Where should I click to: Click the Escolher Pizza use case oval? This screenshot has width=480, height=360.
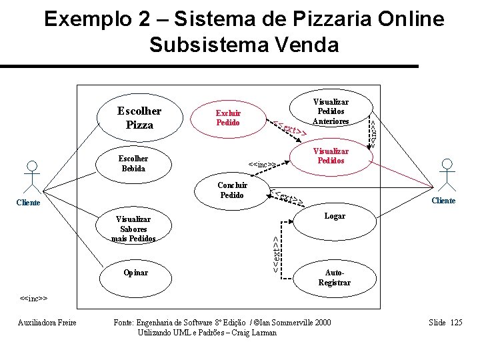pyautogui.click(x=139, y=117)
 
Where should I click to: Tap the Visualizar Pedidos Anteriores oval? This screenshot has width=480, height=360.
pyautogui.click(x=331, y=111)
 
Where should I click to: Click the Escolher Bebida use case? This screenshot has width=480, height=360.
pyautogui.click(x=133, y=163)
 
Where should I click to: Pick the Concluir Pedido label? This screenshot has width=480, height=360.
pyautogui.click(x=232, y=190)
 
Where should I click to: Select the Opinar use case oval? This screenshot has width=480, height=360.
pyautogui.click(x=135, y=273)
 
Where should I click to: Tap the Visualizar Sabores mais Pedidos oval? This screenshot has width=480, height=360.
pyautogui.click(x=133, y=229)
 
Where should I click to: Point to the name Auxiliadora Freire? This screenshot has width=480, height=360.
pyautogui.click(x=46, y=323)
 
